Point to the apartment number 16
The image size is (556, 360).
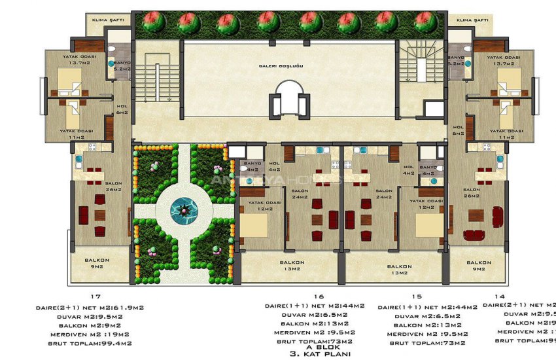click(x=302, y=297)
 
